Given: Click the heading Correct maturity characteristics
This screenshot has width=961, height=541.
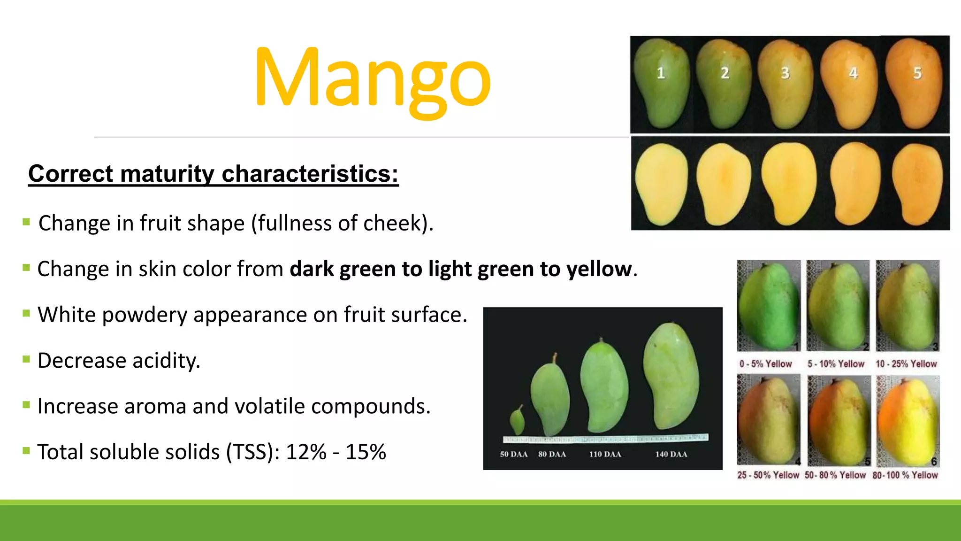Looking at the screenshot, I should click(x=213, y=174).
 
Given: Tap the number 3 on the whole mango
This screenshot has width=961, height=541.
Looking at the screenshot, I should click(x=785, y=73).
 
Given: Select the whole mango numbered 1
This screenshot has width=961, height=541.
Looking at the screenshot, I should click(x=661, y=85).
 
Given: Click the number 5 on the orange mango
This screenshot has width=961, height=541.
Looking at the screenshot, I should click(x=917, y=73).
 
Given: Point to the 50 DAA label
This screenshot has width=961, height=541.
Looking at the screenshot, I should click(x=513, y=454).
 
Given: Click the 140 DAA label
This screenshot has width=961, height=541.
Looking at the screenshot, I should click(x=671, y=454).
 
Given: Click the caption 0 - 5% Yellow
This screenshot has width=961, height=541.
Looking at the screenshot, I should click(x=765, y=364).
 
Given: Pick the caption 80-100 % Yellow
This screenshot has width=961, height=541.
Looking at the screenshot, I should click(x=905, y=475).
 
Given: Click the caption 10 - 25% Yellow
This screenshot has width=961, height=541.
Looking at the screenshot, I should click(x=906, y=364).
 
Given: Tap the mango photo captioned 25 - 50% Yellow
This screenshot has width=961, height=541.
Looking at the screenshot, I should click(x=768, y=419).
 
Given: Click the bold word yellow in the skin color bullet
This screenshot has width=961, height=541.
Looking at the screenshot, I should click(x=599, y=269).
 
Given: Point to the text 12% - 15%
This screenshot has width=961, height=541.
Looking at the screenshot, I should click(x=336, y=452).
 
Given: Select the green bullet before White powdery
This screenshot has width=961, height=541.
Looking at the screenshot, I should click(x=26, y=313).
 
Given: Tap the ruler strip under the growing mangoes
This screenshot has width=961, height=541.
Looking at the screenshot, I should click(x=605, y=439).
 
